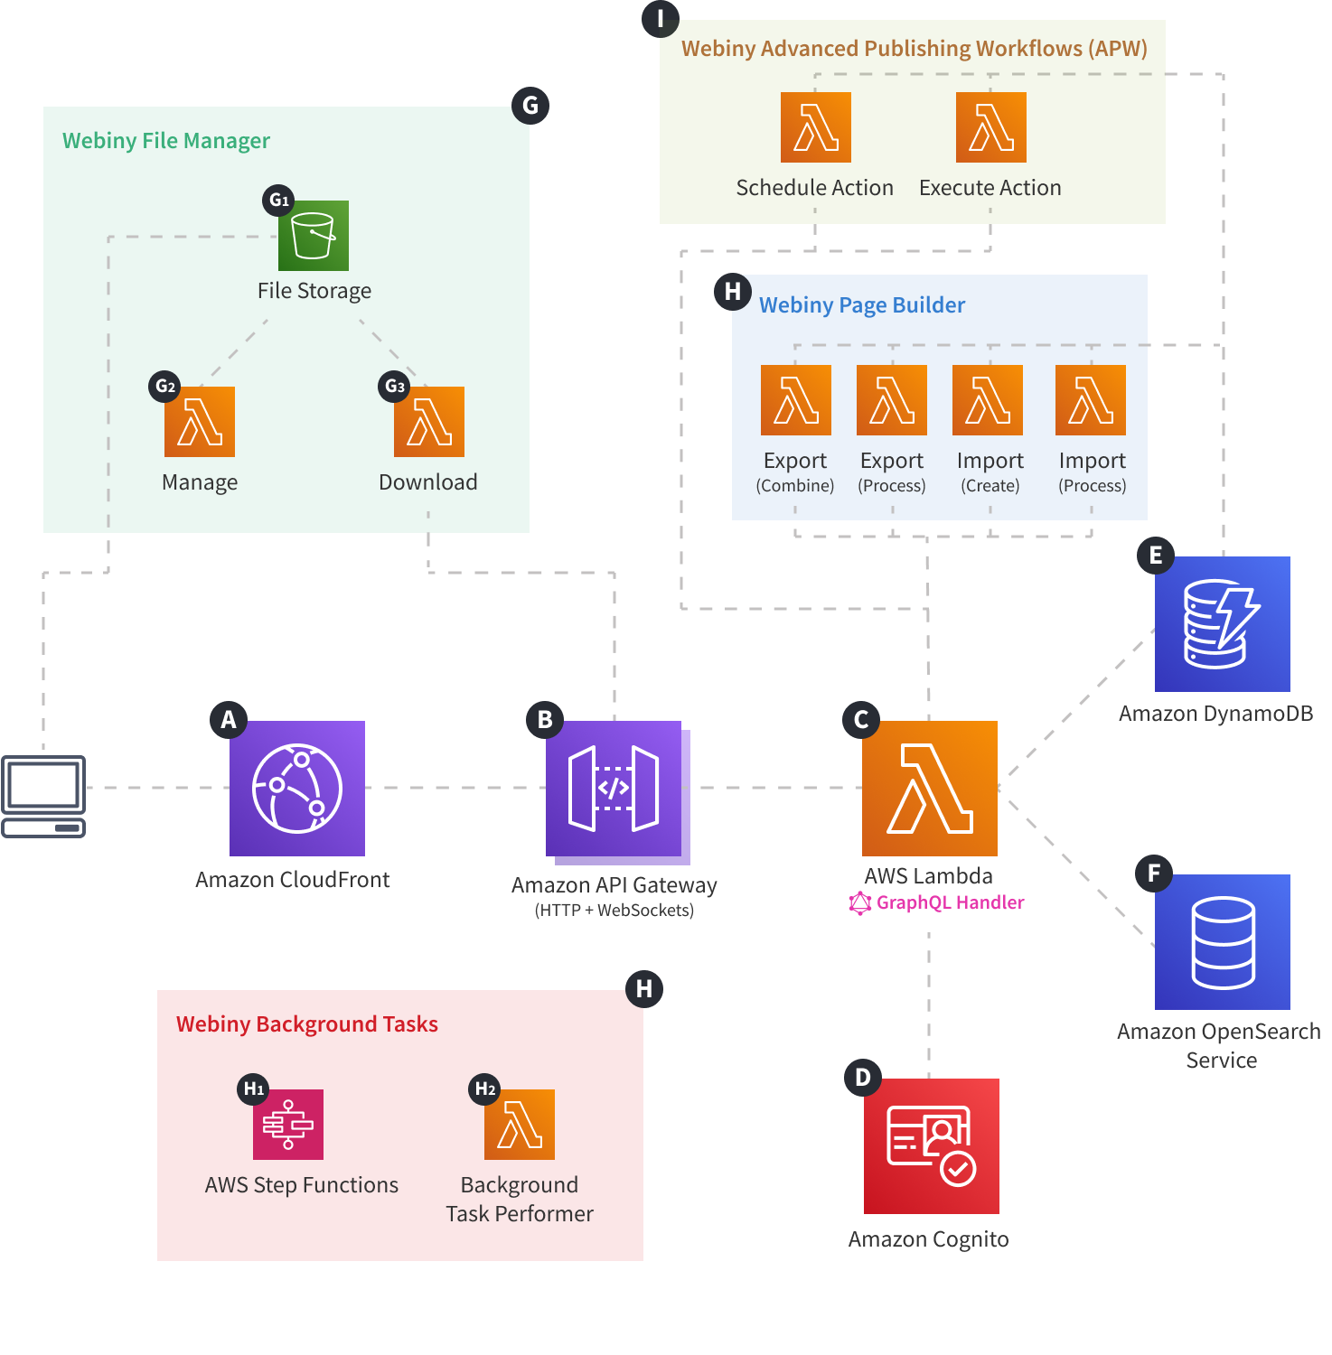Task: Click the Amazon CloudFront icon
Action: point(296,788)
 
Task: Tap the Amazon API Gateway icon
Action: point(614,788)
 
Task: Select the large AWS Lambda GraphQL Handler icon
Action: point(929,788)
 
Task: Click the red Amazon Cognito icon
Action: point(931,1145)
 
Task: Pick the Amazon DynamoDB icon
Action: point(1222,623)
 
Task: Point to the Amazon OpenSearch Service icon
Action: point(1222,941)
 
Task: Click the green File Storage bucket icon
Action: point(313,235)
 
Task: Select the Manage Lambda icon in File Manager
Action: point(199,421)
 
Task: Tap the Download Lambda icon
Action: point(428,421)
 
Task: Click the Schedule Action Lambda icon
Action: point(815,126)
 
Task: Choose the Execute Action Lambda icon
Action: point(990,126)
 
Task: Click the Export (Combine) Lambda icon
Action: point(795,399)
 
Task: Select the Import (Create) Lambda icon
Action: point(987,399)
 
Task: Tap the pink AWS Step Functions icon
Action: point(287,1124)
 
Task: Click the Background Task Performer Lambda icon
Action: point(519,1124)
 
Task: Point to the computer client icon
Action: point(43,795)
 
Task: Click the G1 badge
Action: point(279,200)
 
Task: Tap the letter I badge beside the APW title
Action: point(660,18)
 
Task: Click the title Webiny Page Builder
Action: point(861,305)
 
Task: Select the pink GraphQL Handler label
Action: point(949,902)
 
